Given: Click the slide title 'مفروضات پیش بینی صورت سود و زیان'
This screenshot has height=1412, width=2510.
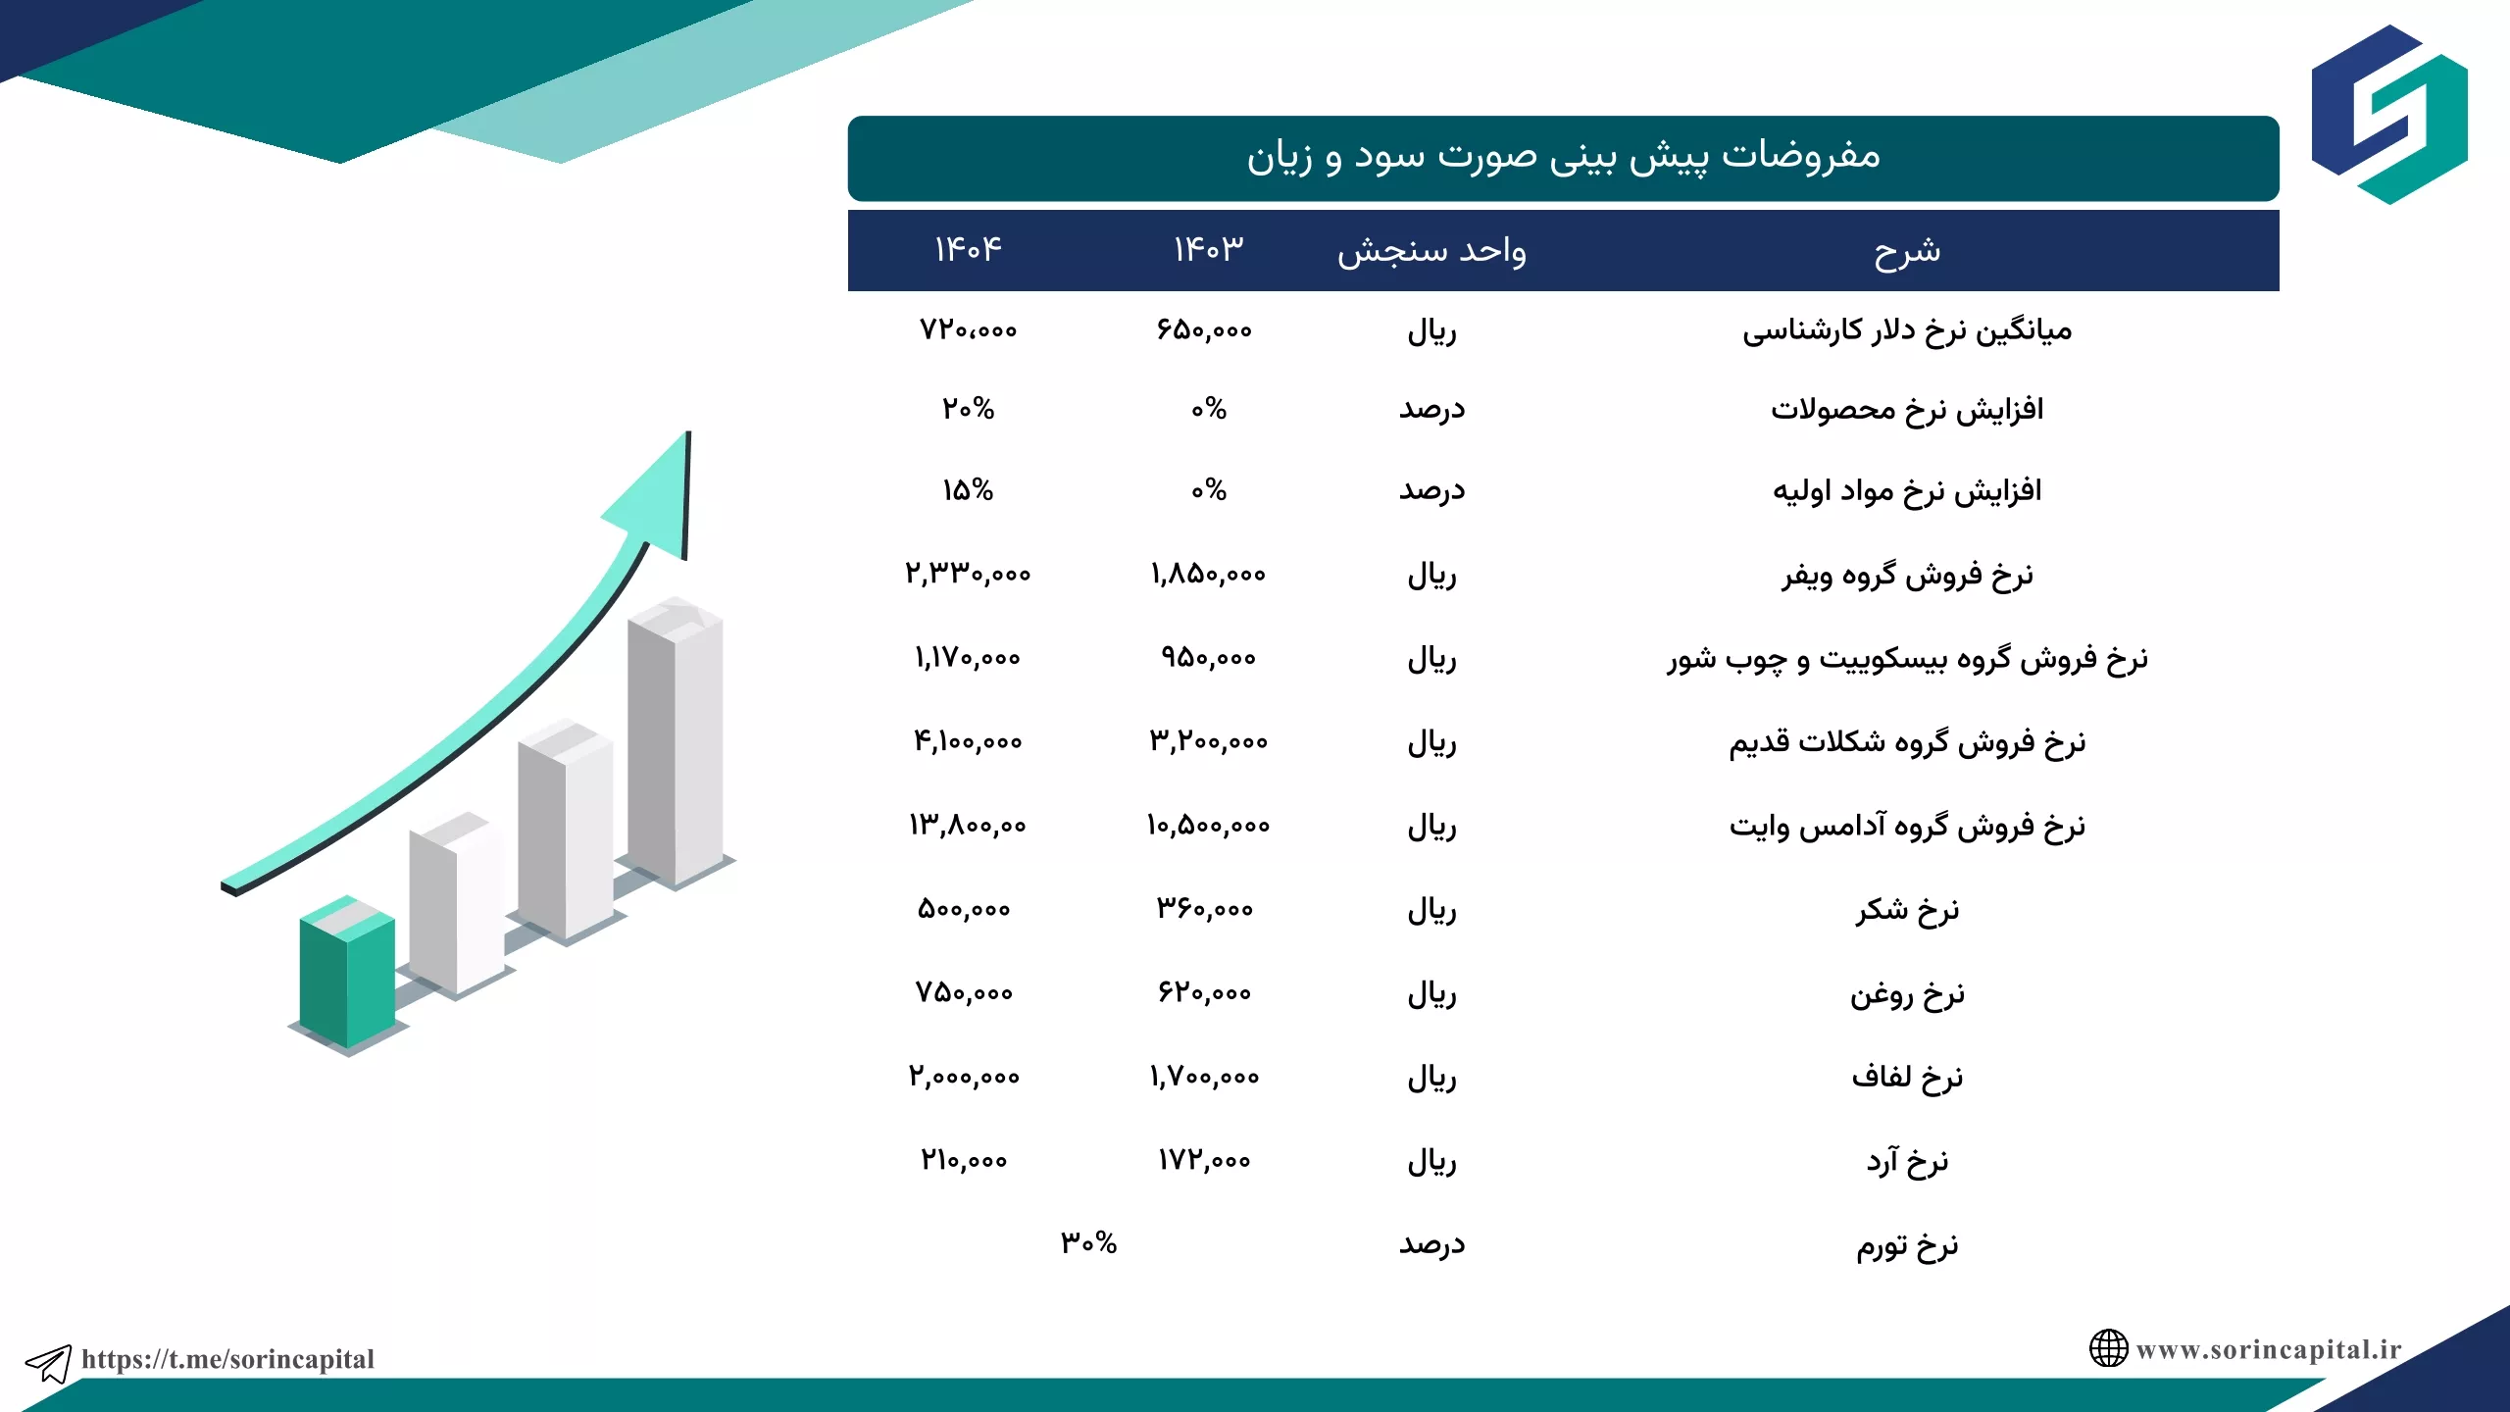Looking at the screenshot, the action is (x=1563, y=157).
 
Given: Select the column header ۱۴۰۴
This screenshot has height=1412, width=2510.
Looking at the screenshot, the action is (x=968, y=249).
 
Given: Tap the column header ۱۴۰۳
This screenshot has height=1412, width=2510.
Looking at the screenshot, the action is (x=1208, y=249).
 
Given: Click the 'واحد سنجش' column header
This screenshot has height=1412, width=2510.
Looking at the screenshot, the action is (x=1431, y=251).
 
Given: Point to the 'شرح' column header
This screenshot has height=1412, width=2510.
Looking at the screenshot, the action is (x=1907, y=251).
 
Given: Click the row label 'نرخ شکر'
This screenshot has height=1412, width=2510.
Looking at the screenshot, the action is (x=1907, y=911).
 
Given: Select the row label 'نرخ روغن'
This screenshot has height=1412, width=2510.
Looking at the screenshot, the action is (x=1907, y=995).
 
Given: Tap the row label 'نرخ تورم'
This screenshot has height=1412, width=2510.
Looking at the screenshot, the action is (x=1907, y=1245).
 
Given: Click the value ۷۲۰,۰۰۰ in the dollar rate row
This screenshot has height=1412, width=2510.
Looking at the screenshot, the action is (x=968, y=330).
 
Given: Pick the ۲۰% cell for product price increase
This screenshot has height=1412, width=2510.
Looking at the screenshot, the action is (x=968, y=409).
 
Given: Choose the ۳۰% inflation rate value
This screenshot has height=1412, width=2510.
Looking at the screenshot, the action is (x=1088, y=1243).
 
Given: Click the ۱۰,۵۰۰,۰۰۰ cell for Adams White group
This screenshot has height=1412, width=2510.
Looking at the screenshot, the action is (x=1208, y=826).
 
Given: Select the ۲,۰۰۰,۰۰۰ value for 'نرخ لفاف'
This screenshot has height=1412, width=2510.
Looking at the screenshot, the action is (x=964, y=1077).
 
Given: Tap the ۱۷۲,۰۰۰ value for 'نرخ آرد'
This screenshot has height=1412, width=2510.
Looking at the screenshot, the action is (x=1204, y=1161).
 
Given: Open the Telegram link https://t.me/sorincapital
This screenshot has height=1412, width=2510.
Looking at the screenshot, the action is (x=227, y=1359).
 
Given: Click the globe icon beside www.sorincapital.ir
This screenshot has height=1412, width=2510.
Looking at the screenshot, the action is (x=2108, y=1348).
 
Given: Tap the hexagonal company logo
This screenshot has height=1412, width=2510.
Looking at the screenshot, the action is (x=2389, y=115).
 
